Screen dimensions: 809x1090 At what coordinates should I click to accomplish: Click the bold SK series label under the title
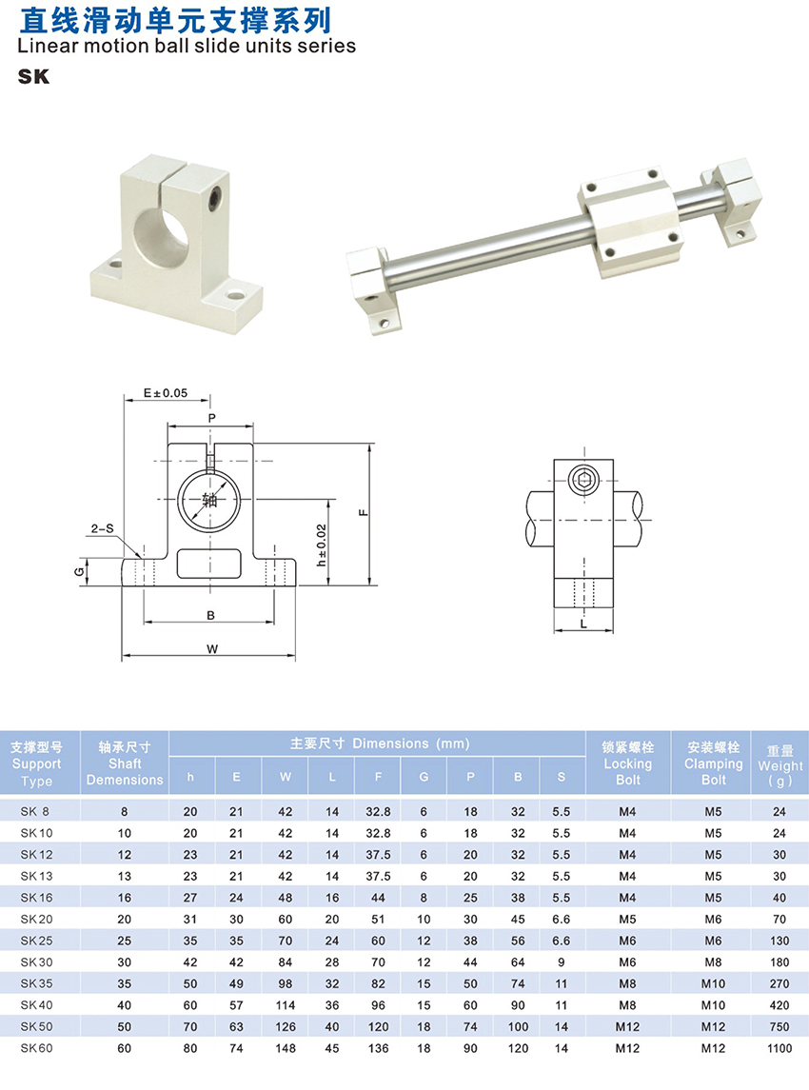pos(33,76)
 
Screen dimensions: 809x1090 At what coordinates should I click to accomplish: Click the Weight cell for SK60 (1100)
pos(779,1048)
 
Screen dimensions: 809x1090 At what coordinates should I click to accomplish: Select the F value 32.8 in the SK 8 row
pos(378,811)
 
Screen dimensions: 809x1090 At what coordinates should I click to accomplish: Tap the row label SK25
pos(36,941)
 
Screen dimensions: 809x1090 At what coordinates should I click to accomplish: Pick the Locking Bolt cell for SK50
pos(627,1027)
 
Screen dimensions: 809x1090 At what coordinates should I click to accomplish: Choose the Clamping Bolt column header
pos(713,763)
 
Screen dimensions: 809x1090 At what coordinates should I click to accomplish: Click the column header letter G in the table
pos(424,777)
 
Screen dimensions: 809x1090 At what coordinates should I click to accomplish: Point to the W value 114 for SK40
pos(285,1005)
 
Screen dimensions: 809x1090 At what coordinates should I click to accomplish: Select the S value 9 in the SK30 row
pos(561,962)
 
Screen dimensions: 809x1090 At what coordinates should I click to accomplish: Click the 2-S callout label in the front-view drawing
pos(102,529)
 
